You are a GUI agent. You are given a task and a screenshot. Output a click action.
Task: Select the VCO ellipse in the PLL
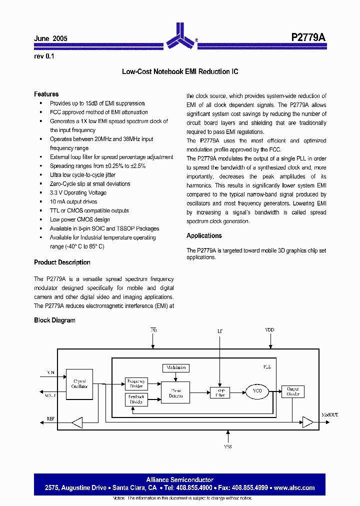pyautogui.click(x=256, y=391)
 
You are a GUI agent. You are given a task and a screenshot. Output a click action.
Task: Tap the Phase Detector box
pyautogui.click(x=176, y=392)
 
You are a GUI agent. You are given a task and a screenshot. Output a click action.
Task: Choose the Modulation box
pyautogui.click(x=175, y=367)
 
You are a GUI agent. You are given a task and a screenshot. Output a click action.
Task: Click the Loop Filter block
pyautogui.click(x=220, y=392)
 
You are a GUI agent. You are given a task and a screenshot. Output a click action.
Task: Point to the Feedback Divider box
pyautogui.click(x=136, y=399)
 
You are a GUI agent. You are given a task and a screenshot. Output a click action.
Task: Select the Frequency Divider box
pyautogui.click(x=136, y=383)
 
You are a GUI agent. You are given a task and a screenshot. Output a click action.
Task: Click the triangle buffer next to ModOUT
pyautogui.click(x=308, y=423)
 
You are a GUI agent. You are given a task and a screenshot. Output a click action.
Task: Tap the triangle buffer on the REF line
pyautogui.click(x=76, y=423)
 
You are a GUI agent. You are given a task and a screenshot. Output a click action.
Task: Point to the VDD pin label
pyautogui.click(x=270, y=330)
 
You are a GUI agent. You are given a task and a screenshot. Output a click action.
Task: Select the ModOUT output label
pyautogui.click(x=329, y=415)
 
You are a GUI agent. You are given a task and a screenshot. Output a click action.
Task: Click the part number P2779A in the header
pyautogui.click(x=308, y=38)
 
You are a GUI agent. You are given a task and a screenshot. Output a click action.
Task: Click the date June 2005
pyautogui.click(x=50, y=38)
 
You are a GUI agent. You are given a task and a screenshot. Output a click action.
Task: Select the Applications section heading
pyautogui.click(x=204, y=235)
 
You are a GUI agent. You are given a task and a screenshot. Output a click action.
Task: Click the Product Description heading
pyautogui.click(x=62, y=262)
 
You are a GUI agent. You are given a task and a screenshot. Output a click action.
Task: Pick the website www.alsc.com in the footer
pyautogui.click(x=294, y=487)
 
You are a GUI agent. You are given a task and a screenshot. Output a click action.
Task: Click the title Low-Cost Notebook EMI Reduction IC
pyautogui.click(x=180, y=71)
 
